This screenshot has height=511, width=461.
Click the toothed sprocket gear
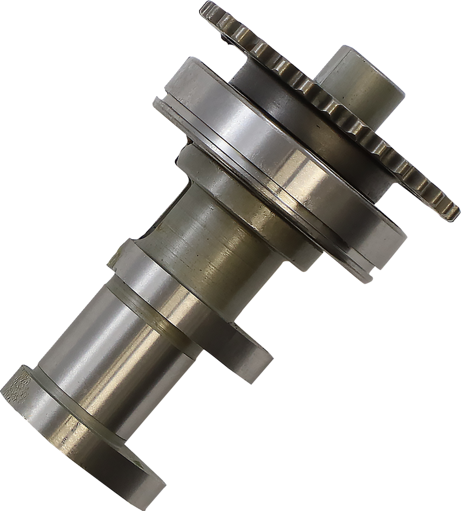337,110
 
